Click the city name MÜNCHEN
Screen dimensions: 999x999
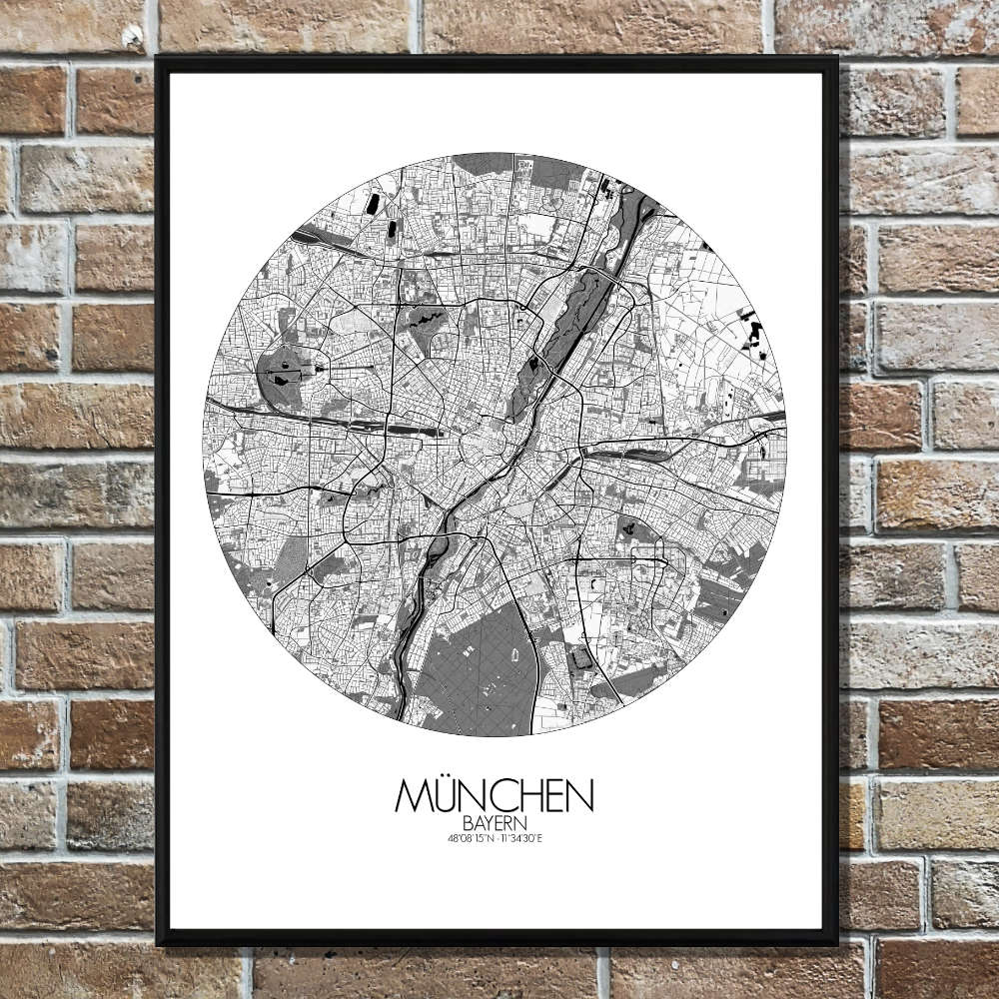pyautogui.click(x=495, y=796)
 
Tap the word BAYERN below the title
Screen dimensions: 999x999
pyautogui.click(x=495, y=823)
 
